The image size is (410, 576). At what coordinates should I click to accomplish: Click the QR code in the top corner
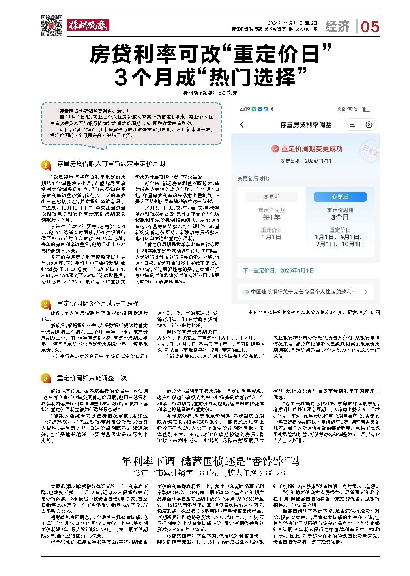(52, 26)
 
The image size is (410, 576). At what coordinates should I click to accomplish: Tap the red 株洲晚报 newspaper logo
(88, 26)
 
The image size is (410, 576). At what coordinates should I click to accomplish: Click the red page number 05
(370, 27)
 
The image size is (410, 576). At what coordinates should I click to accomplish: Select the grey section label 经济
(337, 26)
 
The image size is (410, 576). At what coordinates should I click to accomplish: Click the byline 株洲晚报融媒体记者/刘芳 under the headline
(211, 93)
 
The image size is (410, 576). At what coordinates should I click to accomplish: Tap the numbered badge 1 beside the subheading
(46, 164)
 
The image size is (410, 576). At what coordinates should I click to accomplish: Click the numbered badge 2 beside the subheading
(46, 304)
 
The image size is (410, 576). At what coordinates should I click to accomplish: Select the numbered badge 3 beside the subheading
(46, 378)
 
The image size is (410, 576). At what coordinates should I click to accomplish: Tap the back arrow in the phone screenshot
(242, 125)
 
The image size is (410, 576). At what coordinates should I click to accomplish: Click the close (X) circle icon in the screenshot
(369, 125)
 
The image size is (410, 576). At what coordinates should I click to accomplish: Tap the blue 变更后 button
(340, 197)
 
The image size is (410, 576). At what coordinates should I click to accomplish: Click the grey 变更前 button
(271, 197)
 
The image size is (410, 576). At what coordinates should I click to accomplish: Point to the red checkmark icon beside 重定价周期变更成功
(275, 149)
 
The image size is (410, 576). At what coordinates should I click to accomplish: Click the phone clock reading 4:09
(245, 109)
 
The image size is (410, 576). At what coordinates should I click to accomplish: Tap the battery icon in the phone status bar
(366, 109)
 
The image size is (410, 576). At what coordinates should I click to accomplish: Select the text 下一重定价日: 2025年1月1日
(279, 270)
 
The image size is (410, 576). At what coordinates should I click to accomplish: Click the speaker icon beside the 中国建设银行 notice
(246, 292)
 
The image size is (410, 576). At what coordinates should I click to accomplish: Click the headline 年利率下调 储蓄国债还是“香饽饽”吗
(210, 461)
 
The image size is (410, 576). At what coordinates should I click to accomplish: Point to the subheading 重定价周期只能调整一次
(92, 378)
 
